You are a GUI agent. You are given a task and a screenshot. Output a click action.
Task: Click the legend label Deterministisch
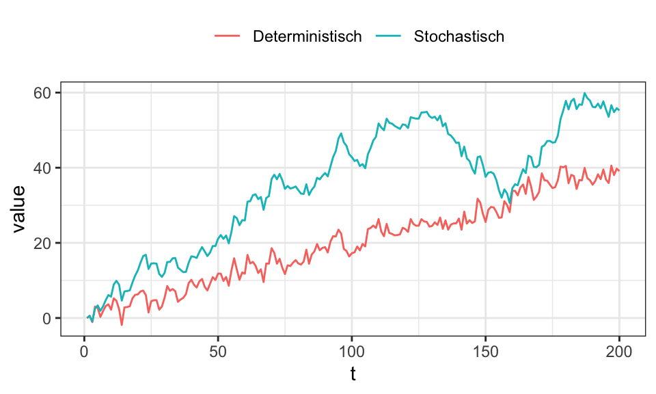[x=307, y=36]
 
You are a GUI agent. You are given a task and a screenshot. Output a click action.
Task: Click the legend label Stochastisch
[x=459, y=36]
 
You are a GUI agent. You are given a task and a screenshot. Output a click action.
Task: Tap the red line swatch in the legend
[x=228, y=36]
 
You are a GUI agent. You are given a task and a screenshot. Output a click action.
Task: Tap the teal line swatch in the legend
[x=387, y=36]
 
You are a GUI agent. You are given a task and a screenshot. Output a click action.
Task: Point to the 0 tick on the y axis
[x=47, y=318]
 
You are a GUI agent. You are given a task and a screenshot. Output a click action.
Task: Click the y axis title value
[x=20, y=209]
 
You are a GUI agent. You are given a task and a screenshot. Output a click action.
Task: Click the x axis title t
[x=353, y=374]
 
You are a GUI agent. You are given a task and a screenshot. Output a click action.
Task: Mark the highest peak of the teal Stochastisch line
[x=584, y=93]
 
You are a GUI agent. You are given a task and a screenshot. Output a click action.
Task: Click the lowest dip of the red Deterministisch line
[x=122, y=325]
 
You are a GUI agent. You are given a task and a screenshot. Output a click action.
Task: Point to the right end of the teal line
[x=619, y=109]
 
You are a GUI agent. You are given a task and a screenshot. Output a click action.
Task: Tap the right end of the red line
[x=619, y=170]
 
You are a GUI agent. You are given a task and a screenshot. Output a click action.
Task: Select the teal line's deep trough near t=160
[x=509, y=203]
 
